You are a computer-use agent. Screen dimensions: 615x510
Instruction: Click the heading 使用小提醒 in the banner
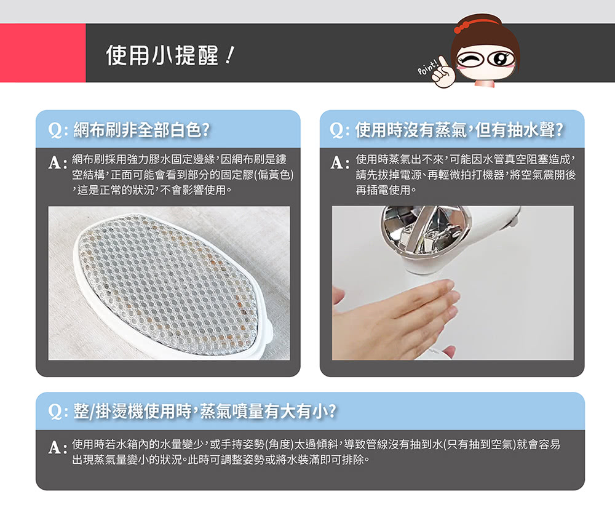point(162,55)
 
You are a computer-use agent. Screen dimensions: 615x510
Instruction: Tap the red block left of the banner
point(43,52)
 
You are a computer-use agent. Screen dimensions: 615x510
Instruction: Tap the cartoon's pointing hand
point(441,71)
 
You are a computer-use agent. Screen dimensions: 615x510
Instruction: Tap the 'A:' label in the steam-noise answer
point(340,162)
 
